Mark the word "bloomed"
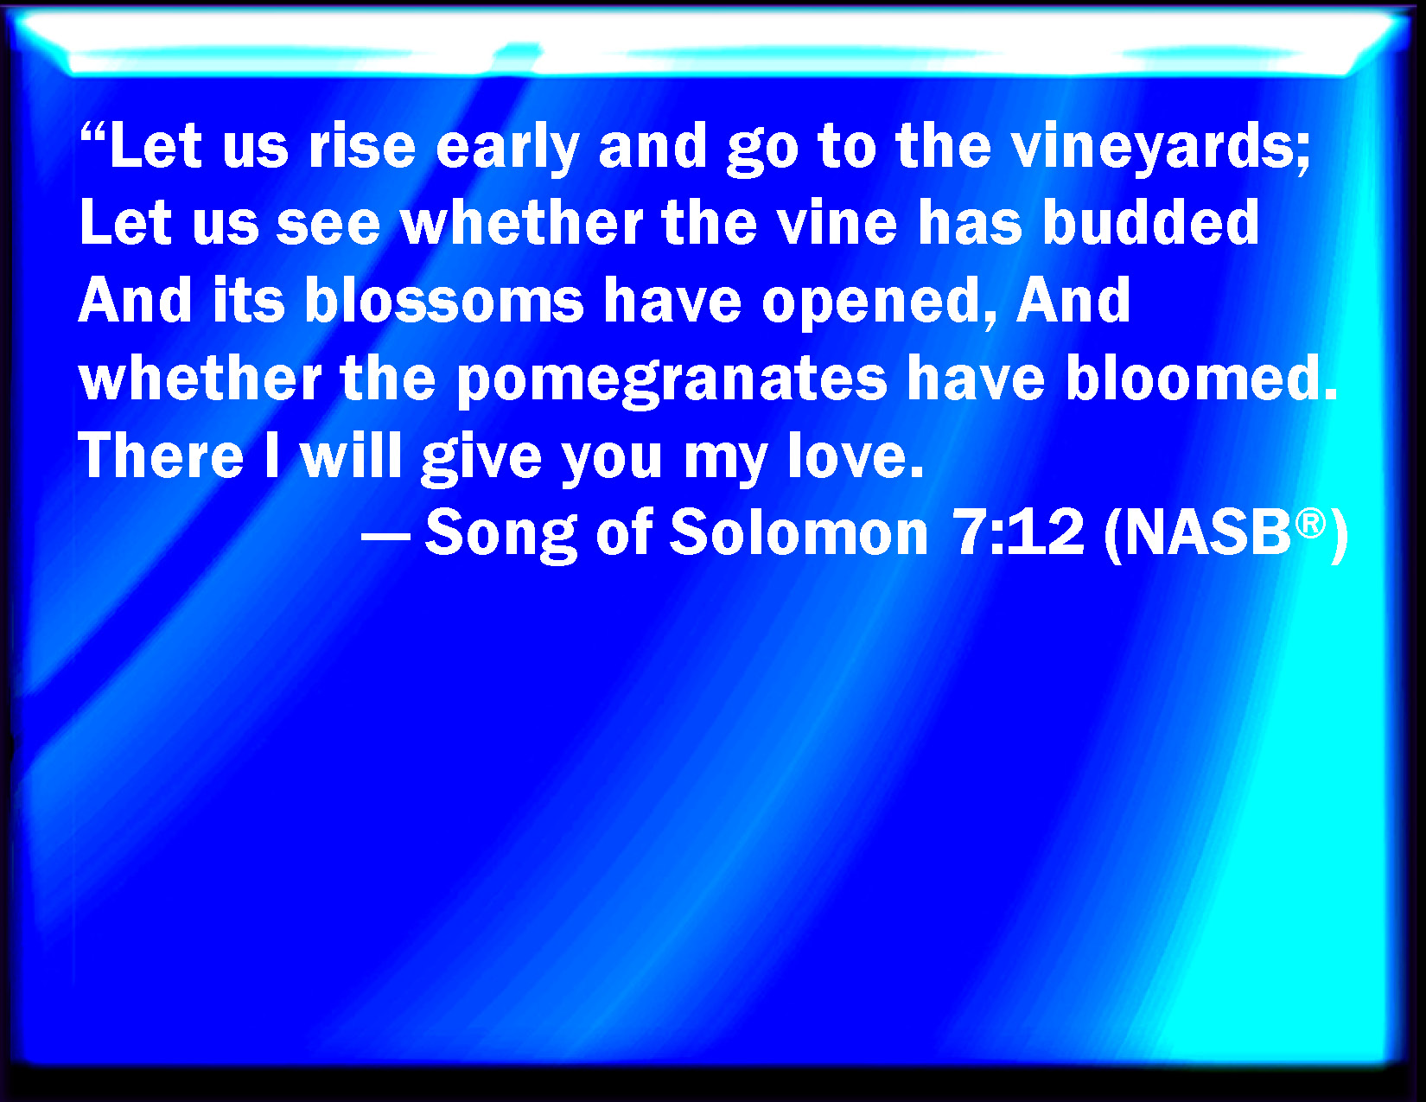pyautogui.click(x=1201, y=377)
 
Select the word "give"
pyautogui.click(x=481, y=459)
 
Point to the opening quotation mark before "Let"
pyautogui.click(x=95, y=134)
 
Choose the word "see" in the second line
pyautogui.click(x=328, y=225)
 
